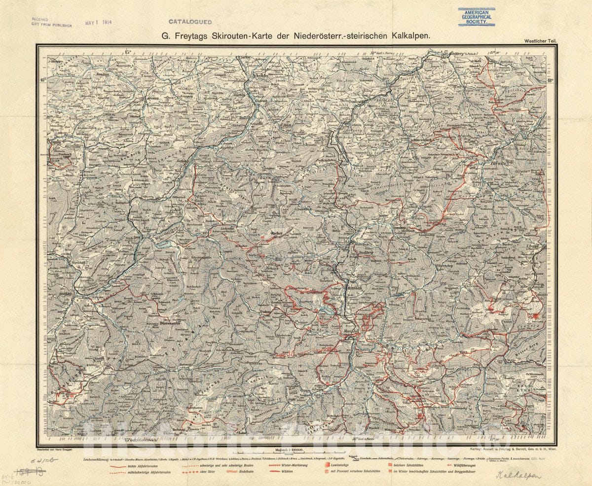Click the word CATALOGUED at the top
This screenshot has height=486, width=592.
pyautogui.click(x=190, y=22)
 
